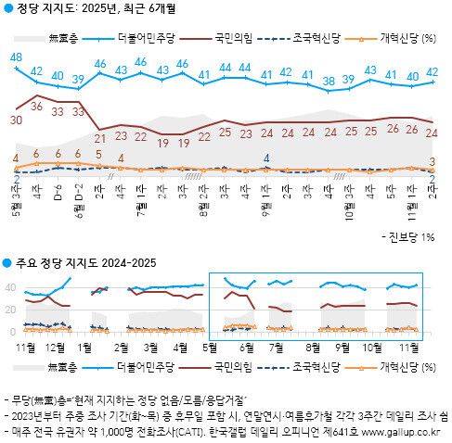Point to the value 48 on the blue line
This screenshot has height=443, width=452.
(16, 57)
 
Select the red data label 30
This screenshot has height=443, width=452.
(16, 120)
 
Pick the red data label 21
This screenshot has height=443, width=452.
(100, 137)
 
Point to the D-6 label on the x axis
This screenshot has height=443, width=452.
(58, 194)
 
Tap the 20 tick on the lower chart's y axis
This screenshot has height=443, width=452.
(9, 310)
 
